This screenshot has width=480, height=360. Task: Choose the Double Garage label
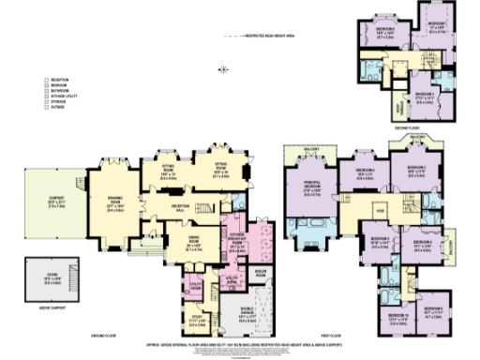tap(247, 315)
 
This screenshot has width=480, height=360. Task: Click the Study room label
tap(196, 316)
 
